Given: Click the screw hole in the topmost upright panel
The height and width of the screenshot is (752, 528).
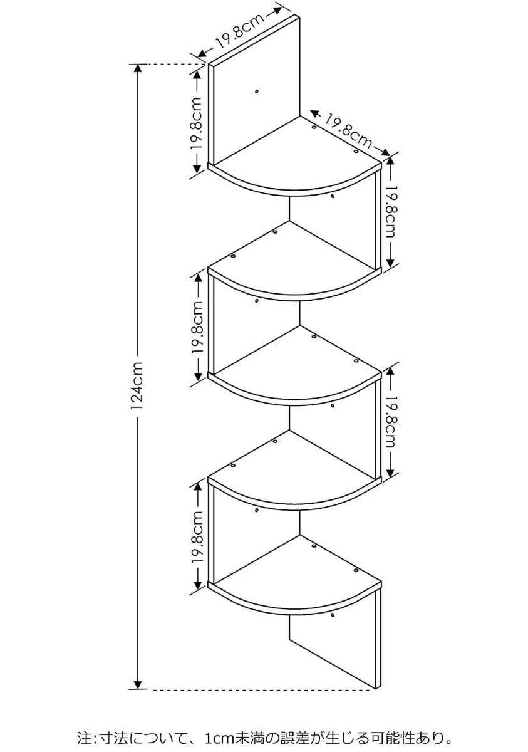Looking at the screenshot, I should tap(257, 92).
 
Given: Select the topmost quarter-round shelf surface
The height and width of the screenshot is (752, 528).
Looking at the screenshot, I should tap(294, 157).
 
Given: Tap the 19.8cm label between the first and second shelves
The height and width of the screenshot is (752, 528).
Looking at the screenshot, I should tap(390, 211).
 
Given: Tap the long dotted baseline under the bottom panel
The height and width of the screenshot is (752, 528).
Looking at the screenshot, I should tap(263, 690).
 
